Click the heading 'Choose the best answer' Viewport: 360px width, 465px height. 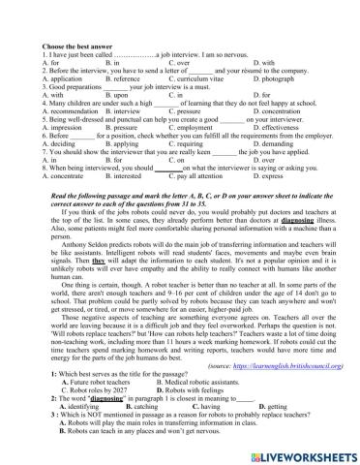pos(77,46)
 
